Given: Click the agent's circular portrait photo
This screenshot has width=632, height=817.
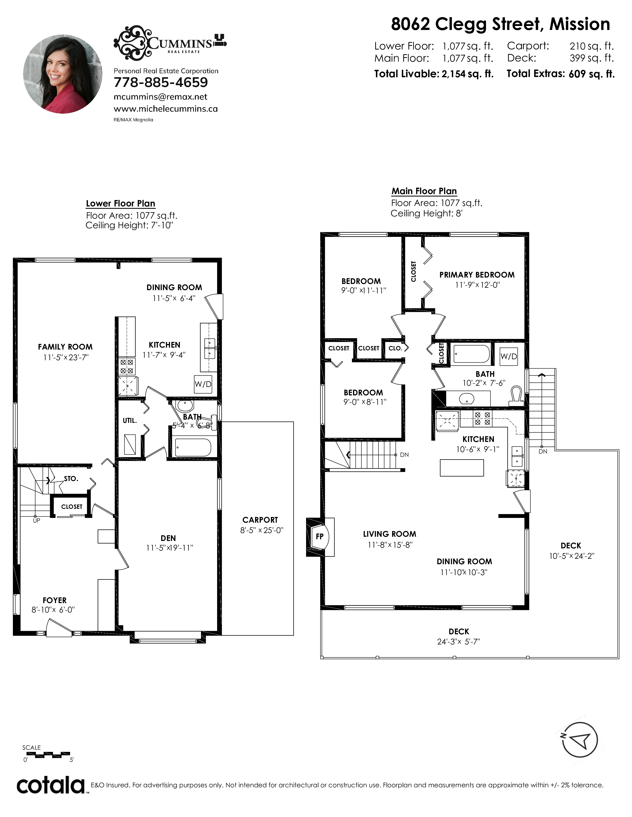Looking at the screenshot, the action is pyautogui.click(x=62, y=74).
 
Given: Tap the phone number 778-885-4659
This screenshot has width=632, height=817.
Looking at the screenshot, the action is pyautogui.click(x=161, y=82).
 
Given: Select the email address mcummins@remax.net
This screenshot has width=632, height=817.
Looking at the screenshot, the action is pyautogui.click(x=161, y=97).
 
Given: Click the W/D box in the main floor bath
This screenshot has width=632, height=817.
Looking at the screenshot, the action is pyautogui.click(x=509, y=357).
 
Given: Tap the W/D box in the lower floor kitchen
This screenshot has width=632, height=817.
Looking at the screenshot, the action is pyautogui.click(x=203, y=384).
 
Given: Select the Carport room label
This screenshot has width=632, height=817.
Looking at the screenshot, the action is pyautogui.click(x=260, y=520).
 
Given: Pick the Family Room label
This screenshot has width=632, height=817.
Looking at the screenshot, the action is pyautogui.click(x=65, y=347).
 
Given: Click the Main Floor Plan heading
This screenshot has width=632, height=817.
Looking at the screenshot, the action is pyautogui.click(x=424, y=191).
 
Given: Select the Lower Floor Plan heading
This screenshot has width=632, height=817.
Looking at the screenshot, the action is pyautogui.click(x=120, y=204).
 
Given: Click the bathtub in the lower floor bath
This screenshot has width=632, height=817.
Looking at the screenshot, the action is pyautogui.click(x=193, y=447).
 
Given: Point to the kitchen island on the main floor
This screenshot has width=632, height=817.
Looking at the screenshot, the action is pyautogui.click(x=462, y=468).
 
